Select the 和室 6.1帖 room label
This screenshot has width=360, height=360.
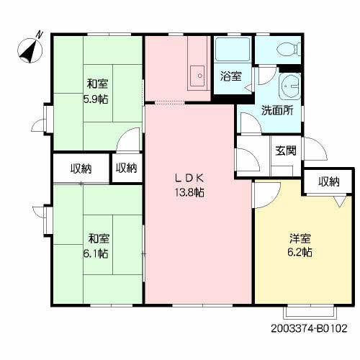98,245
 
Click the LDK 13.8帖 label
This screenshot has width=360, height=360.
191,185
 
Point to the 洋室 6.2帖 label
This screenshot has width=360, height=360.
301,245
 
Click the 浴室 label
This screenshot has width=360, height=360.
230,74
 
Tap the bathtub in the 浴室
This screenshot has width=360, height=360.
233,50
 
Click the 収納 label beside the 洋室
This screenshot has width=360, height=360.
328,181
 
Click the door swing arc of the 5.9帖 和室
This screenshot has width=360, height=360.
130,138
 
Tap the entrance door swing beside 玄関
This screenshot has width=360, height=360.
318,150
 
